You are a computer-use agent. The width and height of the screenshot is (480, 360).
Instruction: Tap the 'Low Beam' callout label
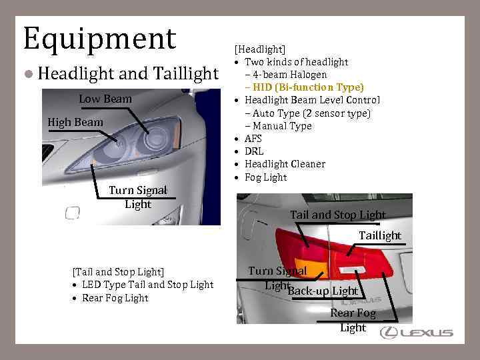pyautogui.click(x=105, y=99)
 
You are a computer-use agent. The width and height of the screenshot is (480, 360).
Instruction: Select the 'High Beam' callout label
pyautogui.click(x=75, y=122)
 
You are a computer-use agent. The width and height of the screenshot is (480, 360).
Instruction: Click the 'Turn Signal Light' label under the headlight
pyautogui.click(x=138, y=197)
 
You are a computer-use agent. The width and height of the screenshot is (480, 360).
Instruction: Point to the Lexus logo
pyautogui.click(x=417, y=333)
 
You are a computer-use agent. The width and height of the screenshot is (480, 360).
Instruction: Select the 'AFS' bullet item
pyautogui.click(x=253, y=139)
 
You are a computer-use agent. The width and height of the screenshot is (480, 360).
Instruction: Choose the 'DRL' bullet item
pyautogui.click(x=254, y=151)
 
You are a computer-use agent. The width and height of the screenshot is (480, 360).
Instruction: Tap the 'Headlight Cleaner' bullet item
pyautogui.click(x=285, y=164)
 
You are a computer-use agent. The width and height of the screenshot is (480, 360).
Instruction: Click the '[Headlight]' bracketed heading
pyautogui.click(x=259, y=49)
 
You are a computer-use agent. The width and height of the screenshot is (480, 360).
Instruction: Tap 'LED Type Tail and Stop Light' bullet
pyautogui.click(x=147, y=285)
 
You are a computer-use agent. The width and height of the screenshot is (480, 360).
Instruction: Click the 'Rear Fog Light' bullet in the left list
pyautogui.click(x=115, y=298)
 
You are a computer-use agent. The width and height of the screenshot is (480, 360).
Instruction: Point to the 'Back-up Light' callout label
pyautogui.click(x=323, y=291)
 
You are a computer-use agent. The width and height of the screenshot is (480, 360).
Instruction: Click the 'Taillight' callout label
pyautogui.click(x=380, y=235)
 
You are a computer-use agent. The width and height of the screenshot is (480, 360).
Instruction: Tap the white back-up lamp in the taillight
pyautogui.click(x=349, y=268)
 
